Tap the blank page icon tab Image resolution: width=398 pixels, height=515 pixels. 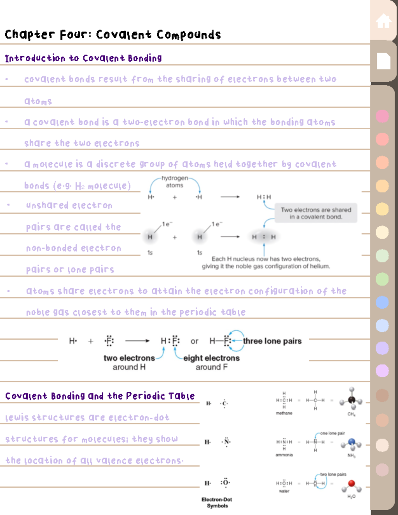(384, 61)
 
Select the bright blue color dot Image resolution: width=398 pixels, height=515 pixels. (382, 302)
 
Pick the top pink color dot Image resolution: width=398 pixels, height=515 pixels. (382, 116)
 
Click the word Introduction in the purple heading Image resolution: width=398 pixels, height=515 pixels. (35, 58)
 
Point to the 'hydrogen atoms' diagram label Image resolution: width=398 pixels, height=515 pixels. (174, 182)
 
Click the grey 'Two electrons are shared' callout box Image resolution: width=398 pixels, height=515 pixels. (316, 213)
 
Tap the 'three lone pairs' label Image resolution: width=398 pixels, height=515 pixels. (272, 341)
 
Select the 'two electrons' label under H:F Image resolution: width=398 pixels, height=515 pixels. (129, 358)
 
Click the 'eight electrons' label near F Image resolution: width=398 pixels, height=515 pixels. (212, 358)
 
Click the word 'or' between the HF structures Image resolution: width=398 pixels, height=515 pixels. (194, 341)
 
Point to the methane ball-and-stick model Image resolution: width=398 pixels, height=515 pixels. (351, 399)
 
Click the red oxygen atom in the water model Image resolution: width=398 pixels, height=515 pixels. (352, 483)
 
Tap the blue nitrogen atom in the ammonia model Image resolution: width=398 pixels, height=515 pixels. (352, 442)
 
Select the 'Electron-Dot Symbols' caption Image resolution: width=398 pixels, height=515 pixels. (217, 503)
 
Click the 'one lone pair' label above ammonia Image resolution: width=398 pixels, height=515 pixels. (332, 433)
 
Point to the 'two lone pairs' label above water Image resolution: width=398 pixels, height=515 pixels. (333, 474)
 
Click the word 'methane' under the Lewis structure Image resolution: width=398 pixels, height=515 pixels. (284, 413)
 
